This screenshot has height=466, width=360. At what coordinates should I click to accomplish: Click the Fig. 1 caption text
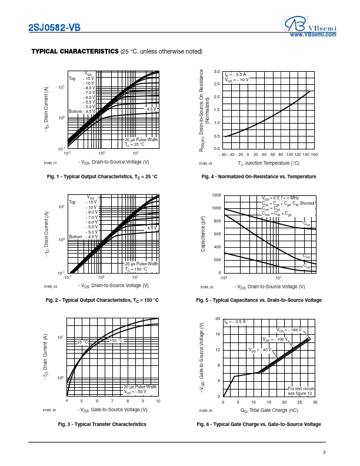102,177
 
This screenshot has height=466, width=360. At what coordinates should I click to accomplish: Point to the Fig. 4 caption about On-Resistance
259,177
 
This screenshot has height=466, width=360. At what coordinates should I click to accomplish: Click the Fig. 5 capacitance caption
259,300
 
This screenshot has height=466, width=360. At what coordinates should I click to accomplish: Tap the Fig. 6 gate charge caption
259,424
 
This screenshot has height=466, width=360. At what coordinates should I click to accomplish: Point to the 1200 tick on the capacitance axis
216,195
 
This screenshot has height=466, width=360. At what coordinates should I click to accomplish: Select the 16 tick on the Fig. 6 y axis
218,335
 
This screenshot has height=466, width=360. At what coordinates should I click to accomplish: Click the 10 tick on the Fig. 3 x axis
159,400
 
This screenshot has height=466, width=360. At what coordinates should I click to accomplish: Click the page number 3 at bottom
324,452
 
